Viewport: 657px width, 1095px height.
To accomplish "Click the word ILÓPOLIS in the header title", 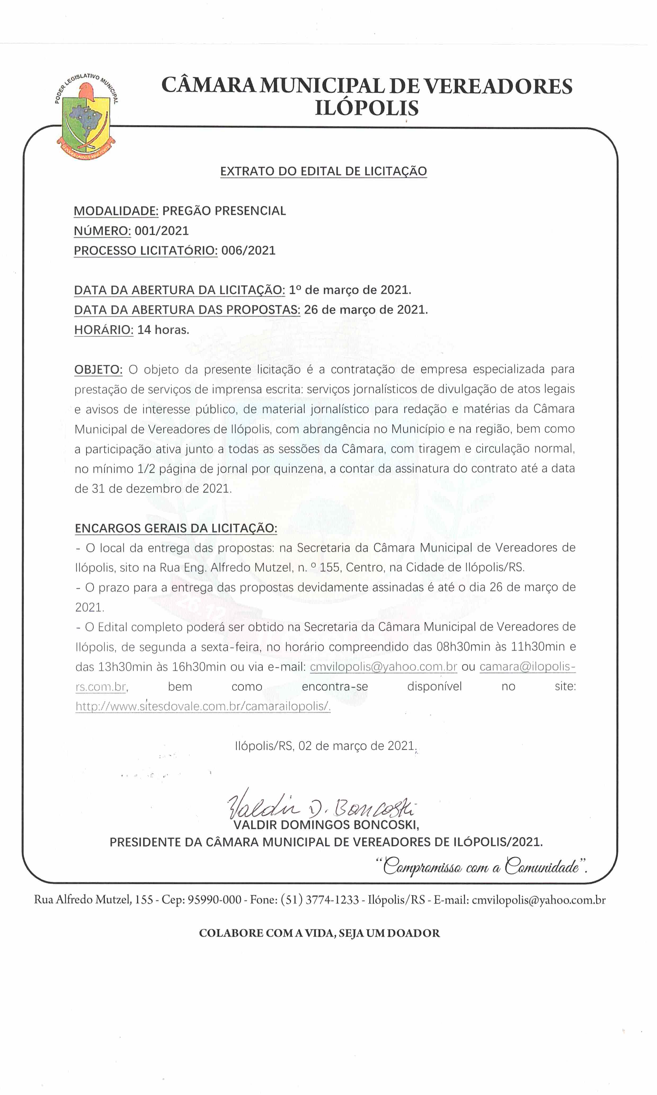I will pos(367,108).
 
